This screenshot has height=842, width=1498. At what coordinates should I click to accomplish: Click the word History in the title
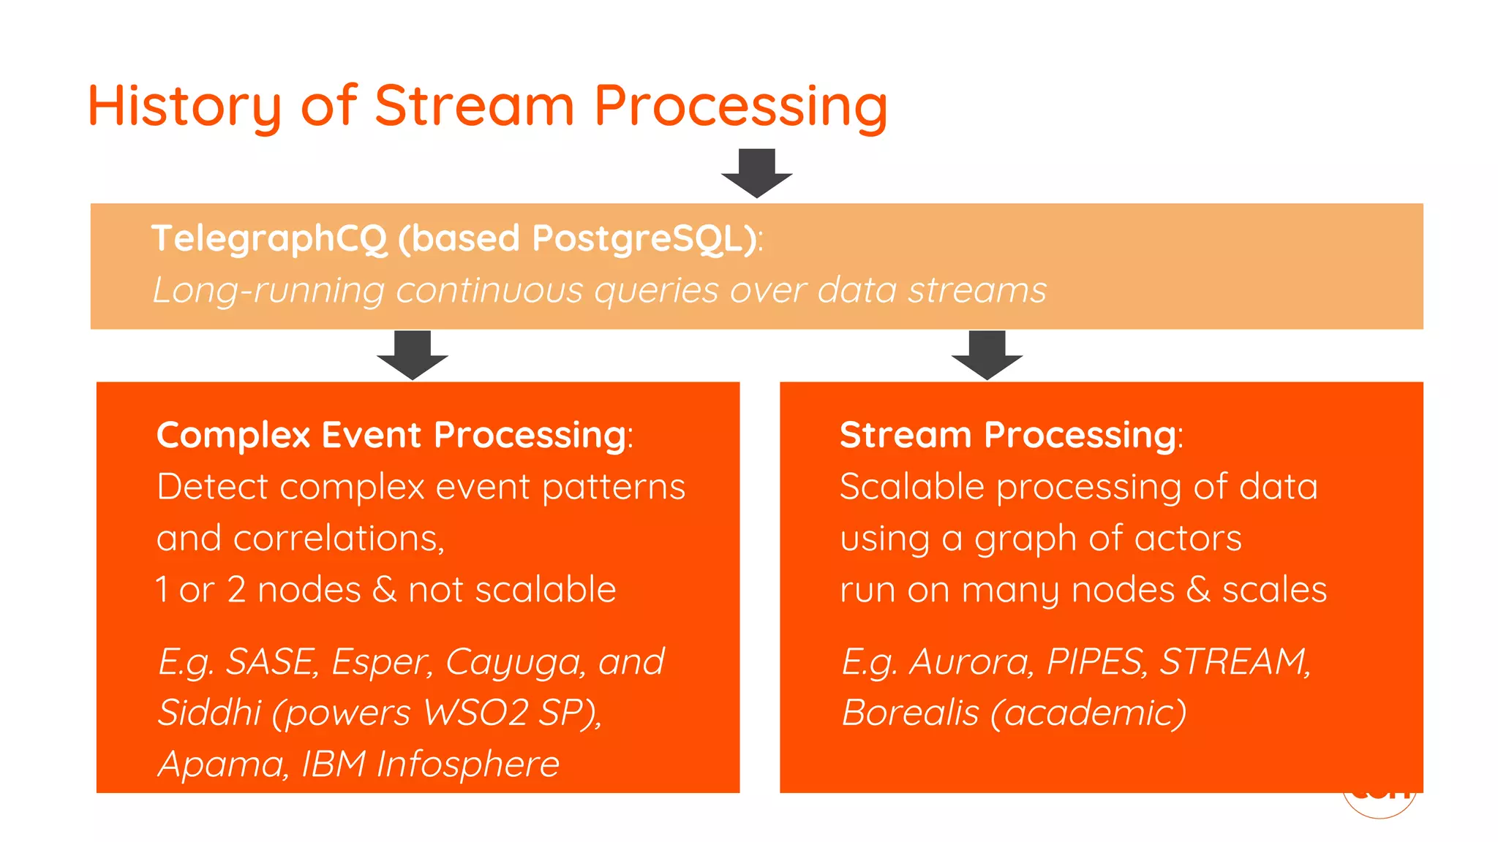coord(184,107)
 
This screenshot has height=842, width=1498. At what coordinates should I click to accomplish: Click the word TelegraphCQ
coord(268,239)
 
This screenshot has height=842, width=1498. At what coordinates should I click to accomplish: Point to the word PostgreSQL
coord(644,239)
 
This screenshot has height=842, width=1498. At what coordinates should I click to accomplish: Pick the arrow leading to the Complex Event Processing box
coord(412,354)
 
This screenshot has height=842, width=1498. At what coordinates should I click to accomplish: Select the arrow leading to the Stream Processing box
coord(987,354)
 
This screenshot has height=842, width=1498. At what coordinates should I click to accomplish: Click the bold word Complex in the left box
coord(233,435)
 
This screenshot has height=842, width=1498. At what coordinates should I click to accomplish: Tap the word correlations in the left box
coord(339,539)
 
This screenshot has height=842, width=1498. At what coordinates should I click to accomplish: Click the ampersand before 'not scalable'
coord(384,589)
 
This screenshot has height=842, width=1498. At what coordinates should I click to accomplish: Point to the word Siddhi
coord(209,713)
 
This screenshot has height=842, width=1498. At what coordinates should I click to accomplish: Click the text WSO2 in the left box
coord(475,713)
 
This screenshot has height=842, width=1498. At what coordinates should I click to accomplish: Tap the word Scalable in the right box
coord(911,487)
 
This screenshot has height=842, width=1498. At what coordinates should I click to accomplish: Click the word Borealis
coord(910,713)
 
